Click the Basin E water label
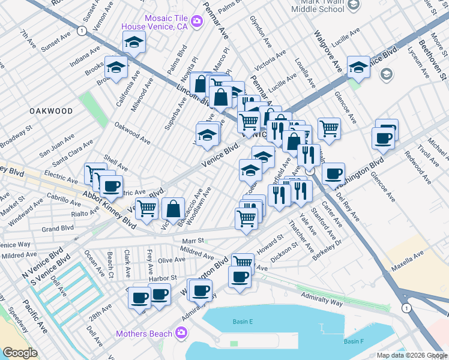[243, 322]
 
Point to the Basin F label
[353, 341]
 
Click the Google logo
[20, 353]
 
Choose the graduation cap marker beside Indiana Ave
[134, 43]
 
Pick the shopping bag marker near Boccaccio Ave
[173, 209]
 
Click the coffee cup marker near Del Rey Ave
[333, 173]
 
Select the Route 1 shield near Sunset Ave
[80, 29]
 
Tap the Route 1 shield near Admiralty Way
[407, 308]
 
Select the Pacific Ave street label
[34, 317]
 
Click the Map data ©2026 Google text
[411, 355]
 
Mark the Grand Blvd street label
[58, 229]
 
